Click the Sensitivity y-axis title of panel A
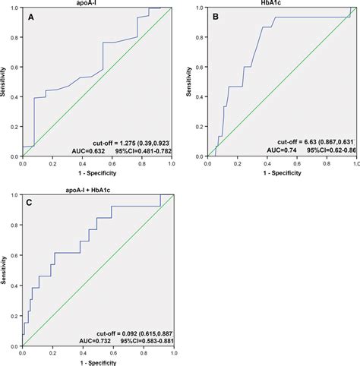coord(5,82)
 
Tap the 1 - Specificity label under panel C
coord(96,362)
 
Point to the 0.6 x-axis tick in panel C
coord(112,353)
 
